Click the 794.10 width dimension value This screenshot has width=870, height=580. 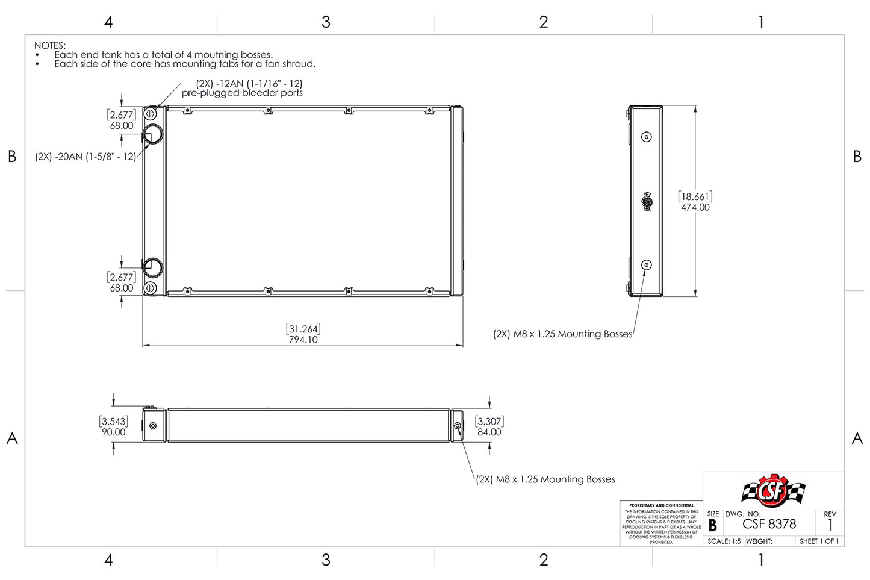tap(303, 340)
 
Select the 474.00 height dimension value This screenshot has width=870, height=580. tap(695, 207)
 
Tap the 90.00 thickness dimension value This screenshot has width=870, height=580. tap(113, 432)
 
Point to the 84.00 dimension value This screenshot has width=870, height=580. tap(489, 432)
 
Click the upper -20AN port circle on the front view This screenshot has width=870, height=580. tap(153, 134)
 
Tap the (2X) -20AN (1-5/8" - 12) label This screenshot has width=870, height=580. tap(85, 157)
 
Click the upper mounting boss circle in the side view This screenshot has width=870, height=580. tap(647, 137)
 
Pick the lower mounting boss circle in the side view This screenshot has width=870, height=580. tap(647, 265)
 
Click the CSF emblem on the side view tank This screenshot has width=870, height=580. tap(647, 201)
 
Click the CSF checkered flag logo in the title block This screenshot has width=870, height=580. tap(773, 491)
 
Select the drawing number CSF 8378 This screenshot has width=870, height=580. tap(769, 524)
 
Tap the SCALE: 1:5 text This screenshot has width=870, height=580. tap(724, 541)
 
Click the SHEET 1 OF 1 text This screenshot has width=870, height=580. tap(819, 541)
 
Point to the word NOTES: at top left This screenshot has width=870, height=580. tap(50, 45)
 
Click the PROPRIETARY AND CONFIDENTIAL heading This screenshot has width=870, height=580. tap(661, 505)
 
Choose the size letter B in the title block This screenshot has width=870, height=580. tap(713, 525)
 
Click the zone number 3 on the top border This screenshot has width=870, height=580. tap(326, 22)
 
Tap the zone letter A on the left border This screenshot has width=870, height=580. tap(12, 438)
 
